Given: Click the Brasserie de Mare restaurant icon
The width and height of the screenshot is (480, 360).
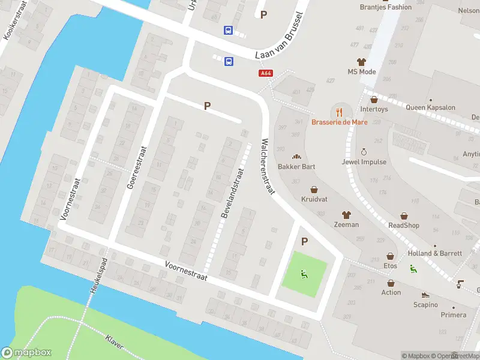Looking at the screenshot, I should point(339,111).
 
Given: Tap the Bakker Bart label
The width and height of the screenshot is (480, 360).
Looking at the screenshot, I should point(296,166).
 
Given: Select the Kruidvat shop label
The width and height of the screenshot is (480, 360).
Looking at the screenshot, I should point(314,199).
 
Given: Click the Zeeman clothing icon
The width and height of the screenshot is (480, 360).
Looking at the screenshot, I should point(346,214).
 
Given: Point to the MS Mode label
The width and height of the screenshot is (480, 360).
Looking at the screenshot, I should point(361,72).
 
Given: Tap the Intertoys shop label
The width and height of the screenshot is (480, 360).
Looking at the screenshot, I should point(374,109).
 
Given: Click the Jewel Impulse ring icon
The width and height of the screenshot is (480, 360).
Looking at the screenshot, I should point(364,152).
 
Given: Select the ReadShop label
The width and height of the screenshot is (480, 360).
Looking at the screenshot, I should point(404,226).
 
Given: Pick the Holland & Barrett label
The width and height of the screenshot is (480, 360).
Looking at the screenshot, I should point(436,253).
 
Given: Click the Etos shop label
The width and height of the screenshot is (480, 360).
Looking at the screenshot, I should point(391,265).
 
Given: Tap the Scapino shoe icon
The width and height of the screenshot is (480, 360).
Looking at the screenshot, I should point(425,295).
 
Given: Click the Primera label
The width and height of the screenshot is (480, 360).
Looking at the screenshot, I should point(453,314).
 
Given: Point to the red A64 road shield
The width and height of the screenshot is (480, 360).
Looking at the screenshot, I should point(266,73).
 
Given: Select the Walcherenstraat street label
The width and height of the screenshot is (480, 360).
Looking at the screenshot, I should point(267,167).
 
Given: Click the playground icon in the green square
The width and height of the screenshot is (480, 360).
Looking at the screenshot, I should point(303,275).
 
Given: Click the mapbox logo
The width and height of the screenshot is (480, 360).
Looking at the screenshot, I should point(26,352).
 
